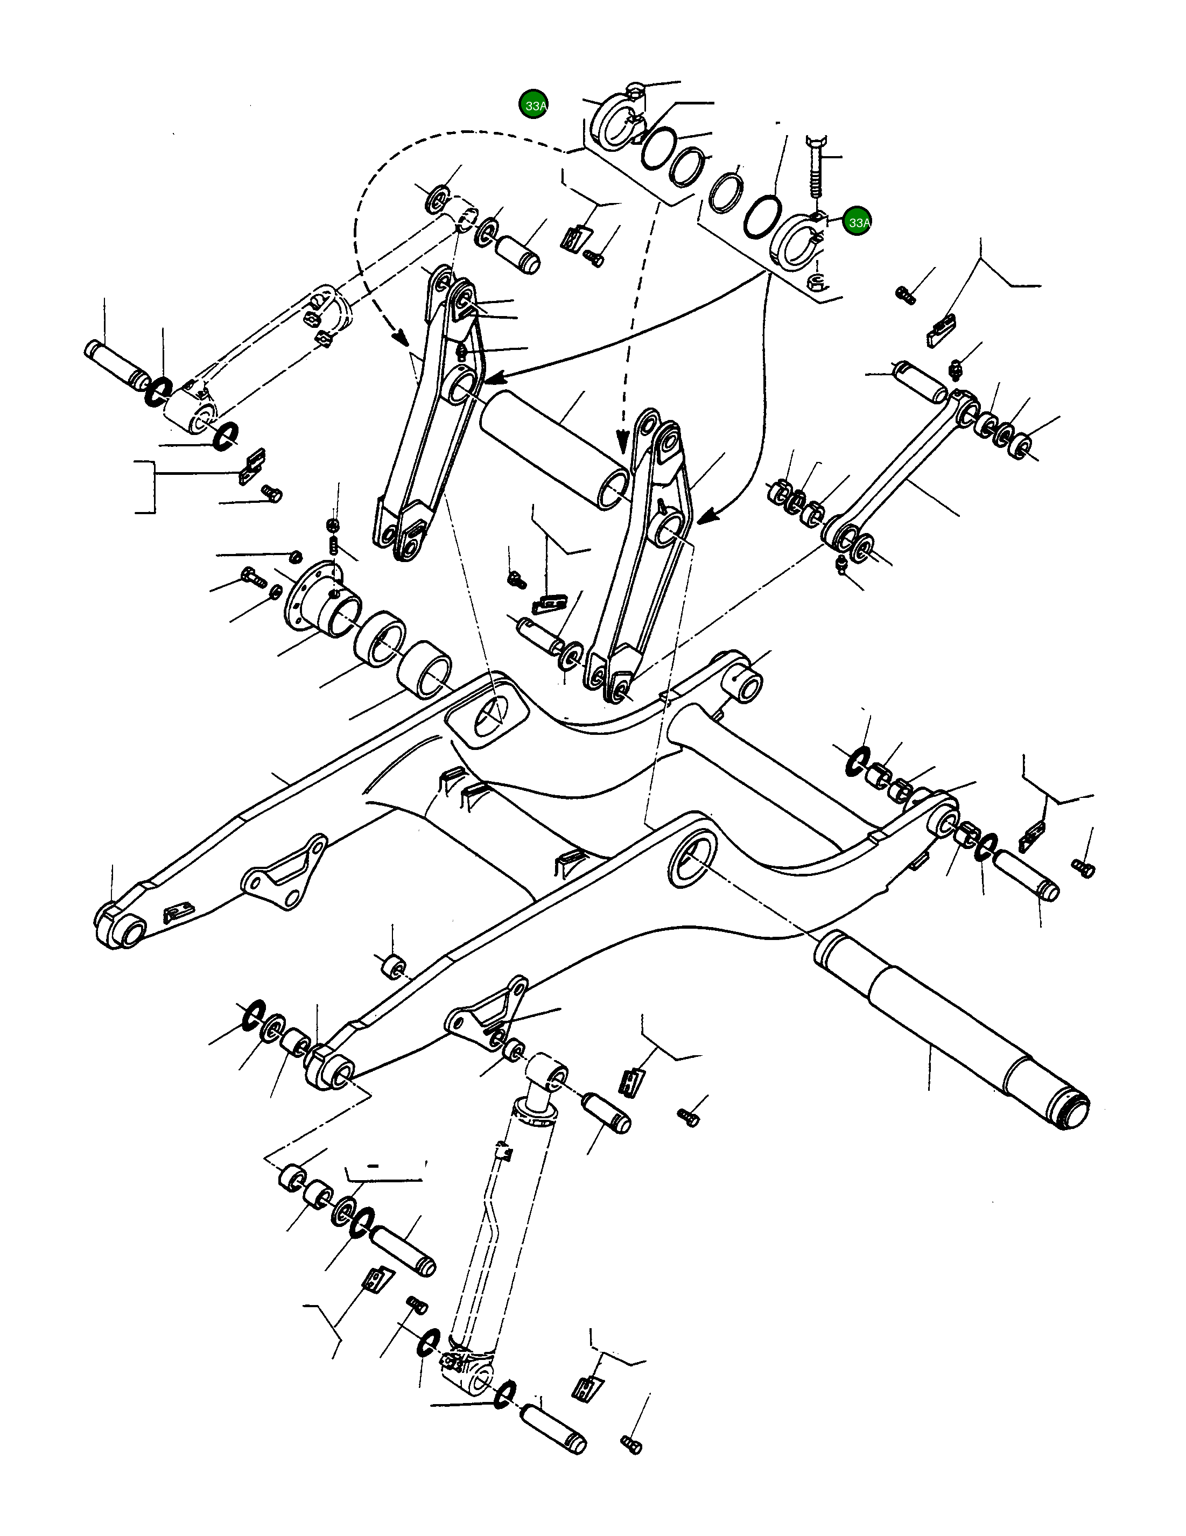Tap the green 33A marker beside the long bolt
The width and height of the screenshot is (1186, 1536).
(x=857, y=221)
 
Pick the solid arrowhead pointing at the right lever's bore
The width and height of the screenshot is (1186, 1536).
(x=706, y=518)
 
